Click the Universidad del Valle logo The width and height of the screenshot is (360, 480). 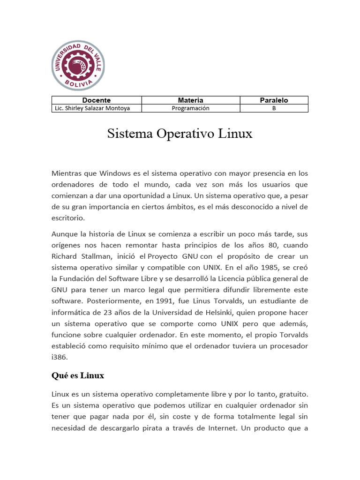[x=78, y=66]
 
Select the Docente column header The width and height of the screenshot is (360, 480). [x=97, y=100]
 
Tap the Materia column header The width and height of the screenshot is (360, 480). [x=191, y=100]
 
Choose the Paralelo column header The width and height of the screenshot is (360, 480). [x=274, y=100]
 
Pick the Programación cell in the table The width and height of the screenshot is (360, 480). [x=191, y=108]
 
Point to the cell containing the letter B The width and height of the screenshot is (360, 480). [x=274, y=108]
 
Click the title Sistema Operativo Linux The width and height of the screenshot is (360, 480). [x=180, y=134]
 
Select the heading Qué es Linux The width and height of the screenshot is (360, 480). [x=78, y=375]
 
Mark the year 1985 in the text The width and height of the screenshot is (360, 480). [x=260, y=267]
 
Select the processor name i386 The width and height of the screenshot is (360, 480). [x=60, y=357]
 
